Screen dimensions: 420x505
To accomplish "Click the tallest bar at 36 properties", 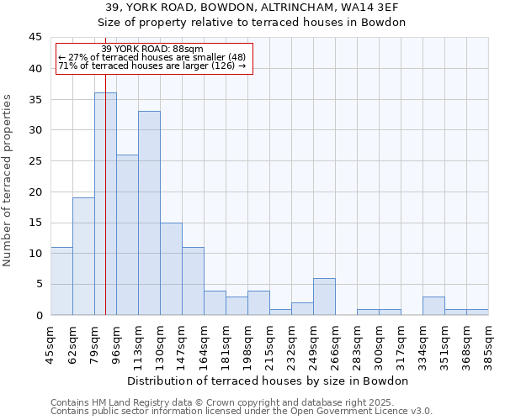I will click(x=105, y=204).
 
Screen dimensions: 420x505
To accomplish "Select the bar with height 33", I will click(x=149, y=213).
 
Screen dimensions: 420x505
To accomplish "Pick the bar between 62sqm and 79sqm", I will click(x=83, y=256).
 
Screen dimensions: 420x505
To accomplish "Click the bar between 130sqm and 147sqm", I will click(x=171, y=269).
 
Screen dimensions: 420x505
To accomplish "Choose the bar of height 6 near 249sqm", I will click(x=324, y=297).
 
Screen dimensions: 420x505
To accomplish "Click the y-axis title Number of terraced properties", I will click(x=8, y=181).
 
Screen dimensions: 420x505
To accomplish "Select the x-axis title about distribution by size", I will click(x=269, y=381).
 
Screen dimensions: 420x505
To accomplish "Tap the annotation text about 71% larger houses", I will click(x=151, y=66).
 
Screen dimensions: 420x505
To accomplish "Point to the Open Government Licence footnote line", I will click(x=242, y=412).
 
